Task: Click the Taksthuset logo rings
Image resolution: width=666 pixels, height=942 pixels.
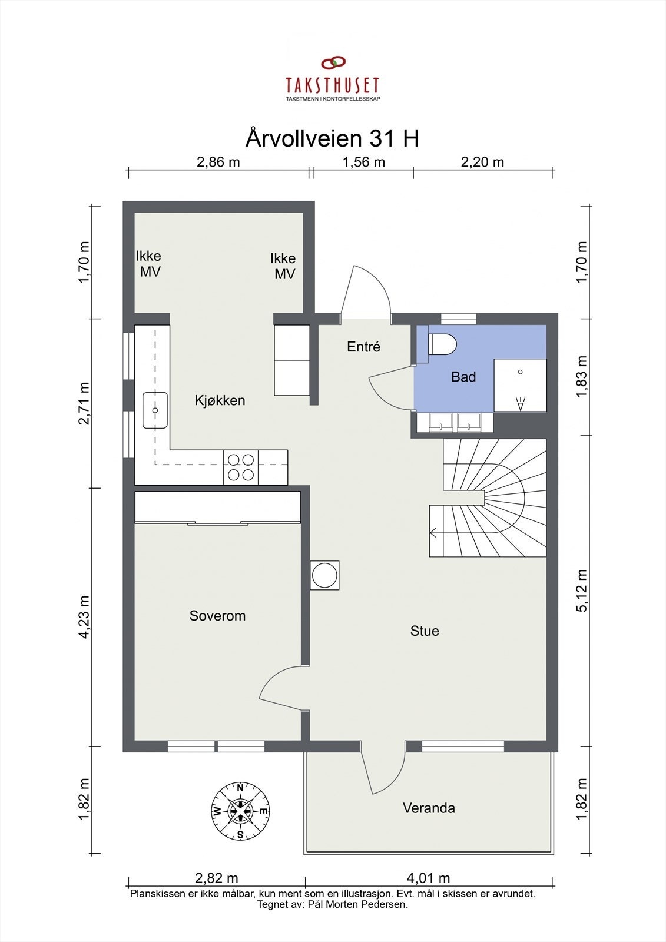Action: (x=333, y=62)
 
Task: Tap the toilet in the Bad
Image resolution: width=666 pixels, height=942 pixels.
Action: (x=442, y=344)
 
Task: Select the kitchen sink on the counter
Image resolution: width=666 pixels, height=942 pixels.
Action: (x=155, y=410)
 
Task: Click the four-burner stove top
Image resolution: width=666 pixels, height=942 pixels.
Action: (x=241, y=467)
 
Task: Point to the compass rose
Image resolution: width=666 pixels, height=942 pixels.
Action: (x=240, y=811)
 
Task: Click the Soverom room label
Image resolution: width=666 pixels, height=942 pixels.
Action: (x=217, y=616)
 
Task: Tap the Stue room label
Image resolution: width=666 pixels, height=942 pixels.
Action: (x=425, y=631)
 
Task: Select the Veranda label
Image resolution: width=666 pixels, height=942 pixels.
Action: (x=429, y=808)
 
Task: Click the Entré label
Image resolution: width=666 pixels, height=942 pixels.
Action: (x=363, y=347)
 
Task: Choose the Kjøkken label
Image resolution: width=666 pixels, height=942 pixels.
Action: (x=220, y=400)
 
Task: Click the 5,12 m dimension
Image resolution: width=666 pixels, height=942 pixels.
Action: (x=582, y=591)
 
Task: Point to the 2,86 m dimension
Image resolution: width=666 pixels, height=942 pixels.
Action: (x=218, y=162)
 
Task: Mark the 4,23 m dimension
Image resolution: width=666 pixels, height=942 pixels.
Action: (x=84, y=618)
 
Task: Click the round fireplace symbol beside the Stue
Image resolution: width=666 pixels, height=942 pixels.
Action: (x=324, y=575)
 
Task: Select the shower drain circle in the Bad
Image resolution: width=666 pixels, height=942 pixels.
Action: (x=521, y=372)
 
